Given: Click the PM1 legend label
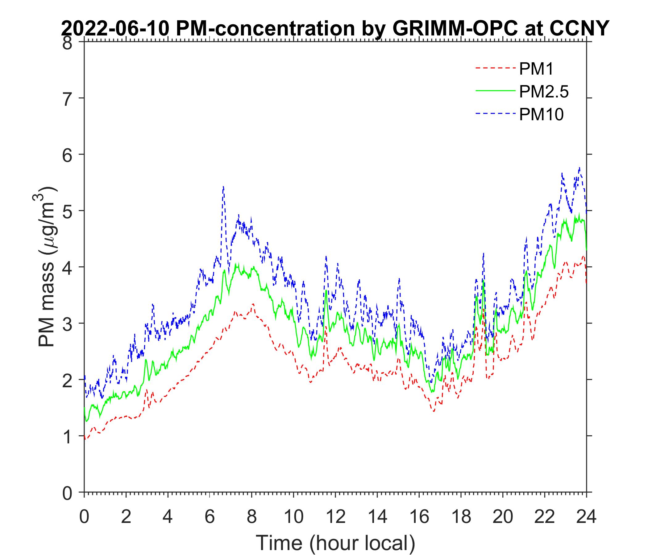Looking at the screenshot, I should [536, 69].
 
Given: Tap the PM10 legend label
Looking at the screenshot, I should [541, 115].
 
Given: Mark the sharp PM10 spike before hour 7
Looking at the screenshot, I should [223, 187].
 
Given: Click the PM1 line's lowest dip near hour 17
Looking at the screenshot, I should [434, 412].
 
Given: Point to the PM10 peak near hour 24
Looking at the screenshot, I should [579, 168].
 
